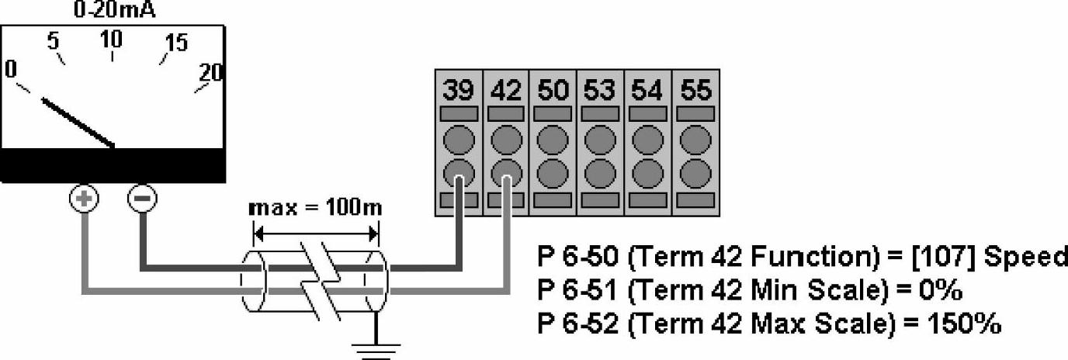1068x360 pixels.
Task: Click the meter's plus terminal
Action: point(85,199)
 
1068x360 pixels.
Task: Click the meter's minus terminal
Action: point(141,199)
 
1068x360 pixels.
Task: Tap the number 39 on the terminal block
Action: point(459,91)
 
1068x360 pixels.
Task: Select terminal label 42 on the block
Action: point(506,91)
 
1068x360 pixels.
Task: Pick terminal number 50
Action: point(553,91)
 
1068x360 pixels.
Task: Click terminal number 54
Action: point(647,91)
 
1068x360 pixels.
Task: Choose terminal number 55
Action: point(695,91)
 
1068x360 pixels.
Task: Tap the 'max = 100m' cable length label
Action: point(315,209)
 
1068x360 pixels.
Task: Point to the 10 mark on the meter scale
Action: point(112,39)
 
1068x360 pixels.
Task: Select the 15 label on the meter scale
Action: point(176,43)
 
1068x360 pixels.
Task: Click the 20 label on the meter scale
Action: point(211,73)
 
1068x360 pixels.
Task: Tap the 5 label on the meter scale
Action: point(54,42)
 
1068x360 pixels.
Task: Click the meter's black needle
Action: point(78,122)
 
